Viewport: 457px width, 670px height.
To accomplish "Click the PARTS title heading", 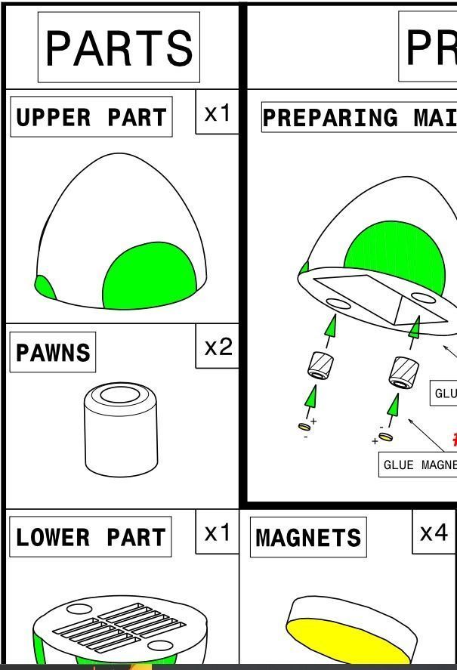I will click(119, 47).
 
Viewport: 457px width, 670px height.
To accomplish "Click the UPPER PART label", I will click(91, 117).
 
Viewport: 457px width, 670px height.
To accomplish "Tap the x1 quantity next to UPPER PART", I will click(218, 113).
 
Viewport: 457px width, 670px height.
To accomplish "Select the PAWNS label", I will click(53, 352).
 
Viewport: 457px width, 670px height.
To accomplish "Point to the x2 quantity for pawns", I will click(218, 347).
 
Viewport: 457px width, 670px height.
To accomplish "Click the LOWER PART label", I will click(91, 537).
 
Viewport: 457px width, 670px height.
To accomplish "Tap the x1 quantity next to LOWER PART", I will click(218, 533).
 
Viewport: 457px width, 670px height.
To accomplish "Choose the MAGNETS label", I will click(308, 537).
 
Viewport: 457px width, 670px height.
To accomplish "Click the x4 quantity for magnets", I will click(434, 533).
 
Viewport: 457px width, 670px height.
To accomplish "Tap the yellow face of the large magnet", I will click(347, 638).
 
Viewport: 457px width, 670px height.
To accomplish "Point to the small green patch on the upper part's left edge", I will click(44, 287).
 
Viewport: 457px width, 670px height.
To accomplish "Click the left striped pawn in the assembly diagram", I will click(321, 365).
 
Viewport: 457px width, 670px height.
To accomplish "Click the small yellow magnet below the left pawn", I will click(304, 428).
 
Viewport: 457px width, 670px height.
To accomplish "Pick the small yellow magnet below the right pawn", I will click(385, 437).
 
